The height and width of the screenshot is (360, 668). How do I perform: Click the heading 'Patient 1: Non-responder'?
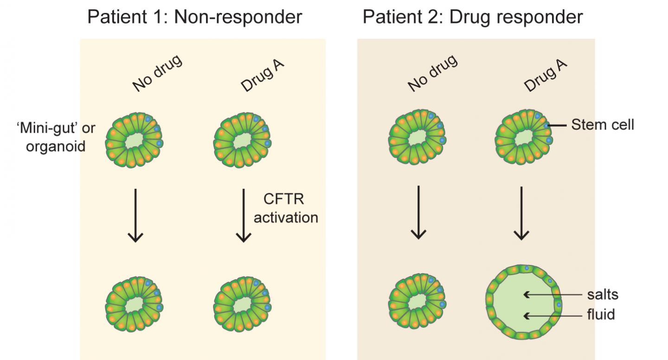[194, 17]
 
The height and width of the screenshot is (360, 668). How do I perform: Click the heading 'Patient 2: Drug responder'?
[472, 17]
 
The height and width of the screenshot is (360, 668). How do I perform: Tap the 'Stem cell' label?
[602, 125]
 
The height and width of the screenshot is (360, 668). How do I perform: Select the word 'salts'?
[603, 295]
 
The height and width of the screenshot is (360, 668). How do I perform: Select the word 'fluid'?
[601, 315]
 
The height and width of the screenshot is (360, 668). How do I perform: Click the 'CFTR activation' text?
[286, 209]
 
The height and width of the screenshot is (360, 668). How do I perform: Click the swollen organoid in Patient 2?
[523, 302]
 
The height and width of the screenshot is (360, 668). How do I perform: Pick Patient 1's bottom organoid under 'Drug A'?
[242, 304]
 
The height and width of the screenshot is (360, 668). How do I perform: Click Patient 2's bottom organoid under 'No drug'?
[417, 304]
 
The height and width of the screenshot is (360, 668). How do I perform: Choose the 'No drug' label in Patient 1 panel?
[157, 73]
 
